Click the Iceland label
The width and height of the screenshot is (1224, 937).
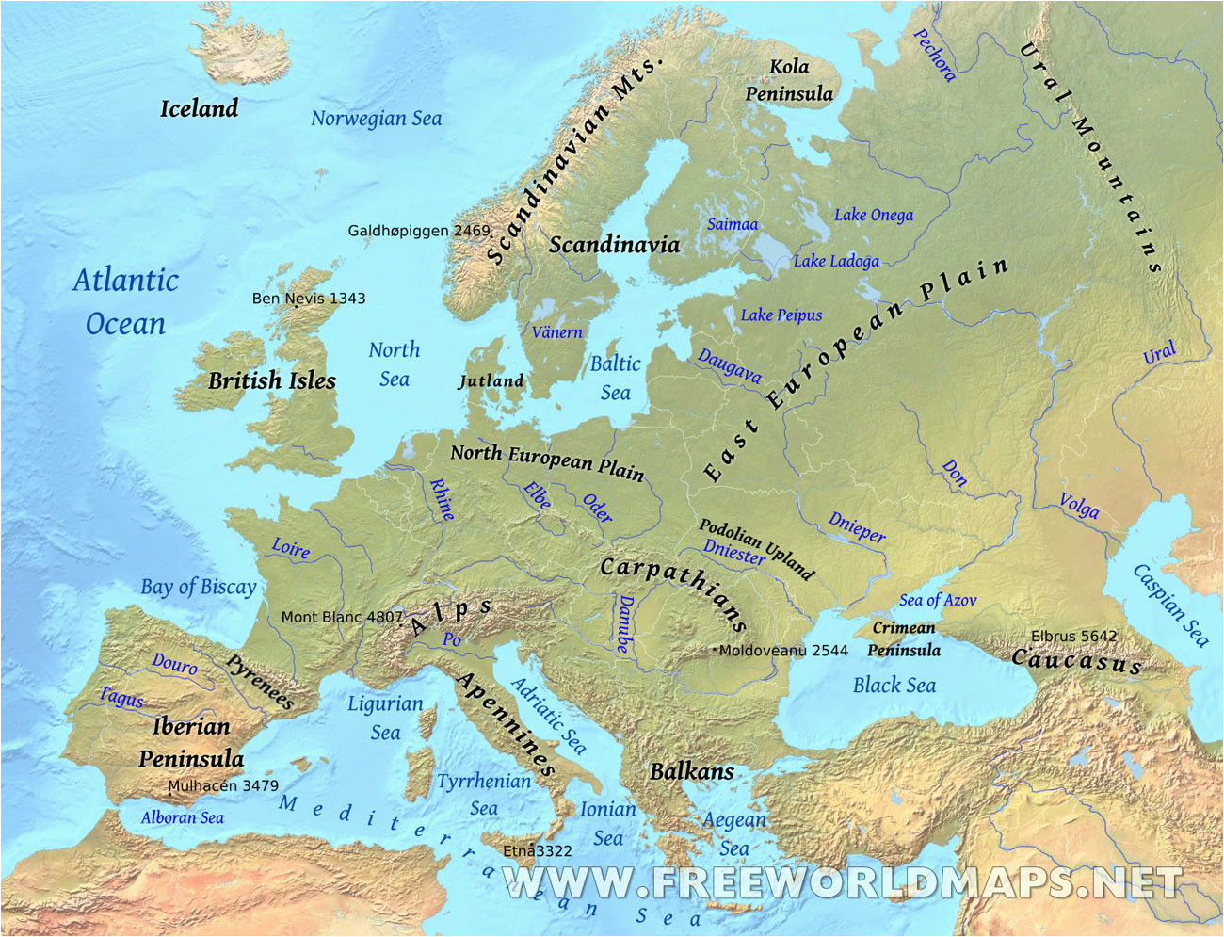(199, 109)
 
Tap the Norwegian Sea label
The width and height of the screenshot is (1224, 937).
(376, 119)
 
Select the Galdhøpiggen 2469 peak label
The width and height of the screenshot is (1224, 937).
(419, 231)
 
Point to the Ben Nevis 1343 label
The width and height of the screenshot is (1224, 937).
(309, 299)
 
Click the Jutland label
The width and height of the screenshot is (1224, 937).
(491, 381)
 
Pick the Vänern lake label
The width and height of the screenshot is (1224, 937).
(556, 332)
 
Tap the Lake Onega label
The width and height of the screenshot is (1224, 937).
(873, 215)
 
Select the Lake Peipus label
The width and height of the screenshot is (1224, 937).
(781, 315)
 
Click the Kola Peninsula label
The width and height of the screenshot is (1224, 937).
(789, 80)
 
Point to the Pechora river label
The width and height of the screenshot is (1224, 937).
(934, 55)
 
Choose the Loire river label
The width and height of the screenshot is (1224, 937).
(290, 548)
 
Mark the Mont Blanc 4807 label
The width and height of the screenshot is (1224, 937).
(342, 618)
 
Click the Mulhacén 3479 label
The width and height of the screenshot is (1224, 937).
(223, 785)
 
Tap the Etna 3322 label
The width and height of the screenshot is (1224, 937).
(537, 851)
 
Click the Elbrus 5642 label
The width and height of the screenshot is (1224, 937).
(1073, 637)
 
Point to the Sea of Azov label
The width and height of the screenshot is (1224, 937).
(937, 601)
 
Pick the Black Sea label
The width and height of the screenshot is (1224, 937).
(894, 686)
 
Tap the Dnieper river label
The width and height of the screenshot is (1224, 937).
(856, 527)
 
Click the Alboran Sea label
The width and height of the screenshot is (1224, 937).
(182, 817)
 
